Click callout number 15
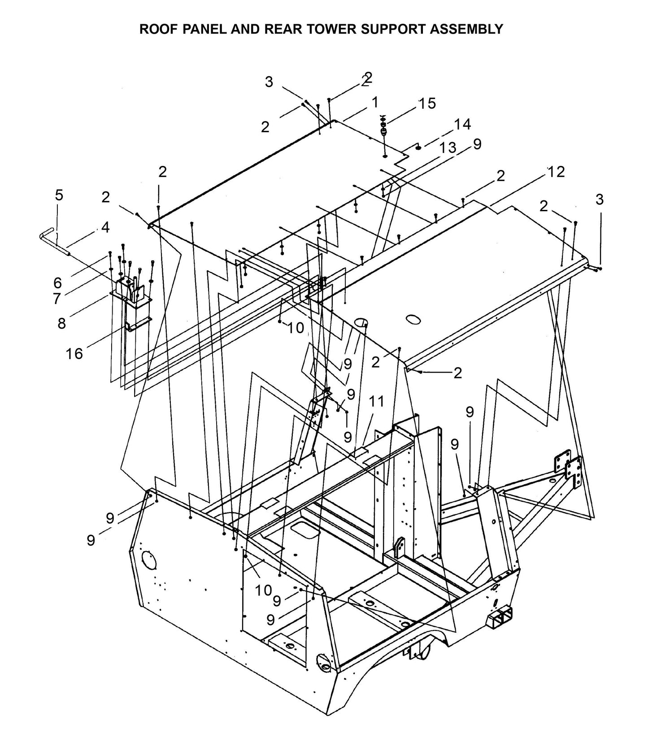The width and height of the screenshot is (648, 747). point(427,104)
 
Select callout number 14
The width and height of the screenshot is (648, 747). point(462,124)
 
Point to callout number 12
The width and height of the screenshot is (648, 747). point(556,171)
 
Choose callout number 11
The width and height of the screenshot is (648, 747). point(376,402)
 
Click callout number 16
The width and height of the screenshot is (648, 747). point(74,354)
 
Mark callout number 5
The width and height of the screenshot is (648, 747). point(59,195)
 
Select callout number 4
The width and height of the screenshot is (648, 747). point(105,227)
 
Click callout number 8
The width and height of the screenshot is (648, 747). point(61,323)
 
